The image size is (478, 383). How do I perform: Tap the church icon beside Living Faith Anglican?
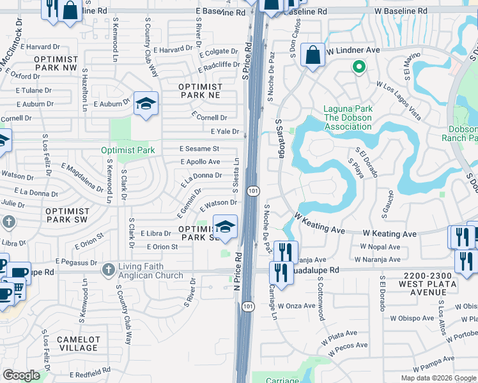point(109,270)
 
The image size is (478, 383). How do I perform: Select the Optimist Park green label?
point(128,151)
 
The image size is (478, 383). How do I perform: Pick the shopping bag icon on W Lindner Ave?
point(313,56)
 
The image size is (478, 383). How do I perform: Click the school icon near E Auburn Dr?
point(146,104)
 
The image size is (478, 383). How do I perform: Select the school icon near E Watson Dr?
point(225,227)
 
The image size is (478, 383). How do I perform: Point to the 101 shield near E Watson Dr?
point(254,191)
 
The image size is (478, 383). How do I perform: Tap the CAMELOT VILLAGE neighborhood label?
point(76,343)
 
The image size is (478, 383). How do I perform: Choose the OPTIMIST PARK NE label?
point(200,91)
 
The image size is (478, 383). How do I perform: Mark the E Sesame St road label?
point(199,149)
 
